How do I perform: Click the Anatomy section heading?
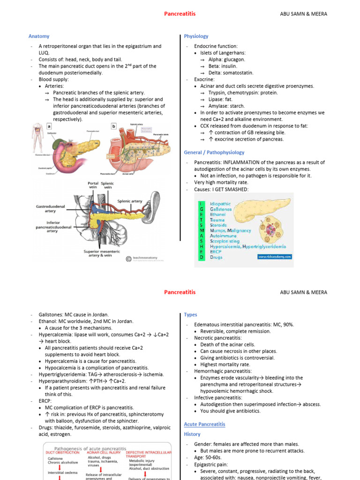[39, 36]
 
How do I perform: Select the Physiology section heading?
[196, 36]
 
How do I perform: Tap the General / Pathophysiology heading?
[214, 152]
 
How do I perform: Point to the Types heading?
[190, 315]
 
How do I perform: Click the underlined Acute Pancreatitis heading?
[204, 424]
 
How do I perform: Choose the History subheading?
[192, 435]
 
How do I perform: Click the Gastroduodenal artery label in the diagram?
[50, 209]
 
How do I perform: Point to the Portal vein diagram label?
[93, 185]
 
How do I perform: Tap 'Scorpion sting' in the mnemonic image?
[225, 241]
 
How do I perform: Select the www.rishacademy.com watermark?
[274, 256]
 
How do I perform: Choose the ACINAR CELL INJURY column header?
[104, 452]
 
